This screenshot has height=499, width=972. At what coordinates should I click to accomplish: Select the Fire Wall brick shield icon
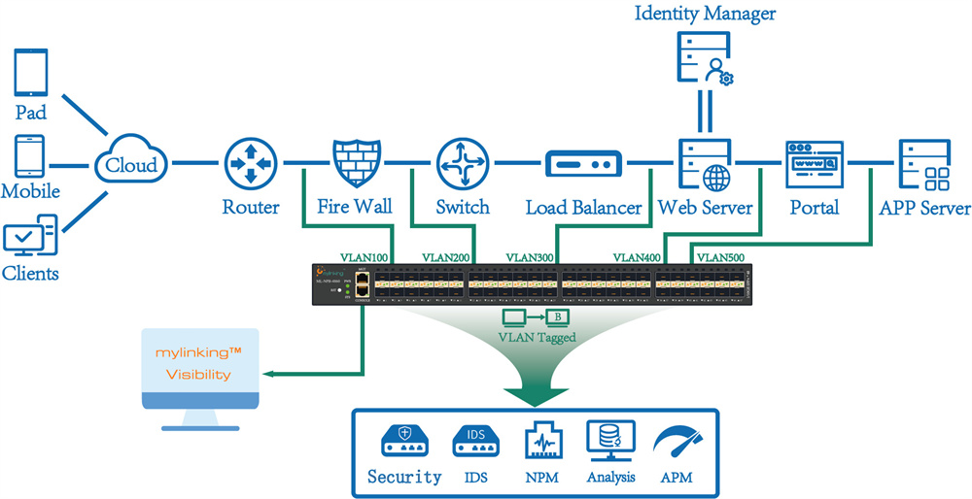click(x=355, y=161)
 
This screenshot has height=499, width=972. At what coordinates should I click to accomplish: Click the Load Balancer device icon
click(x=583, y=163)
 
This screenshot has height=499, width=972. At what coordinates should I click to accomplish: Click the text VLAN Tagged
click(x=536, y=337)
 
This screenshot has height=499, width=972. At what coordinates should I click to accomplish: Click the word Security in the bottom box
click(x=404, y=477)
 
